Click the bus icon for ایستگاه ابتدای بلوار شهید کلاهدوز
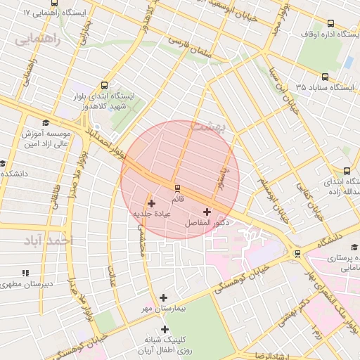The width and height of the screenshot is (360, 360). [x=105, y=84]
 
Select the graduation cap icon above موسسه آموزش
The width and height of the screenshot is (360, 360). [x=46, y=122]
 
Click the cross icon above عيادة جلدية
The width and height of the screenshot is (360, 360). [x=151, y=203]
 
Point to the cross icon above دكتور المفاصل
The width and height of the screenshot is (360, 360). [x=206, y=212]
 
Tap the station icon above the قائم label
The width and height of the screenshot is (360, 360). [x=176, y=188]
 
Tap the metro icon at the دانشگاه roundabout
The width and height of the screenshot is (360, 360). [x=298, y=253]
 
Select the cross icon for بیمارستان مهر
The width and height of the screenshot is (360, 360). [x=164, y=298]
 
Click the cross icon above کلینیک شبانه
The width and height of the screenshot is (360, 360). [x=165, y=329]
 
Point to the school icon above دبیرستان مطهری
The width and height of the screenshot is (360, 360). [x=26, y=273]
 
